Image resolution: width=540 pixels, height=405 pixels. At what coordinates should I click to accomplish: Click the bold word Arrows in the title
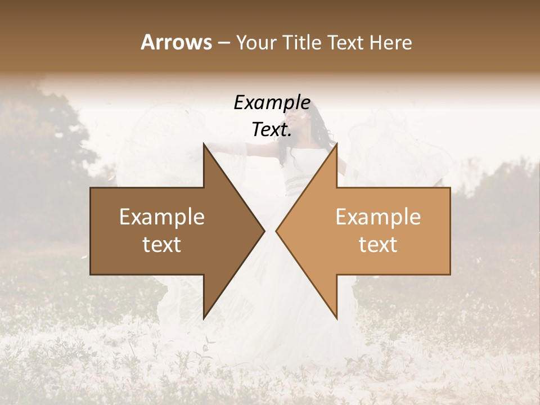pos(176,42)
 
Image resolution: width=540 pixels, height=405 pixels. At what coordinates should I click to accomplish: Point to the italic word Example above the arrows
pos(272,103)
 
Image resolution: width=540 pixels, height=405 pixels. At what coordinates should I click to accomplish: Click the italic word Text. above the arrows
pos(272,130)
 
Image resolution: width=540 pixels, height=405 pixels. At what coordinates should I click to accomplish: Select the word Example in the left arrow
pos(162,217)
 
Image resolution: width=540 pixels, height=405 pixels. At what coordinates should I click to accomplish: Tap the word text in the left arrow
pos(162,245)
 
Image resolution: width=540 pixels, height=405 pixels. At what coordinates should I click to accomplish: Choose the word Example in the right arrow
pos(378,217)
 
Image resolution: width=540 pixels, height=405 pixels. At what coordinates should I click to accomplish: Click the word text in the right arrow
pos(378,245)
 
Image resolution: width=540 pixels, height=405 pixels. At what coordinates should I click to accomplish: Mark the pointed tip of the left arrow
pos(264,231)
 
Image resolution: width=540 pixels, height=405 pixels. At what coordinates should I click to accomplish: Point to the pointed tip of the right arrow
pos(276,231)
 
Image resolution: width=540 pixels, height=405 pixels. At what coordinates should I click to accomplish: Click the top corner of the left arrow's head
pos(204,143)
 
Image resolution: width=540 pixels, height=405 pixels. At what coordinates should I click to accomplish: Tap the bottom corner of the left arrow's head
pos(204,318)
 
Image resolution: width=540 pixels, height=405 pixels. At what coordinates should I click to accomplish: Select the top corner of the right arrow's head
pos(336,143)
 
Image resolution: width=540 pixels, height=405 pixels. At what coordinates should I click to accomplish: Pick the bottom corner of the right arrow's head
pos(336,318)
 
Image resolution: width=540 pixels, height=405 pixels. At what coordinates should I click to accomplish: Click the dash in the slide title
pos(223,43)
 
